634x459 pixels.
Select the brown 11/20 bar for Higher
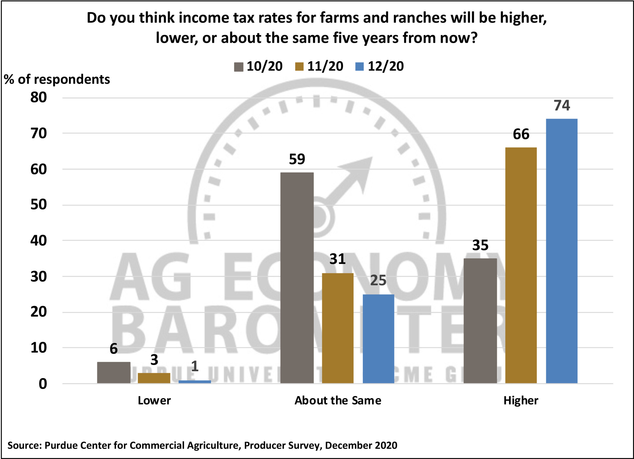(521, 265)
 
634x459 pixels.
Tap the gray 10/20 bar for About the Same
(297, 278)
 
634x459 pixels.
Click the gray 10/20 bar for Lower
(113, 372)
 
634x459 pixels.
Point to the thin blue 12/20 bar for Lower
(195, 382)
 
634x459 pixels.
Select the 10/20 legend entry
(259, 67)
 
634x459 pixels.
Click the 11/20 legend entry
(319, 67)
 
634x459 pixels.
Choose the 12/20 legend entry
(380, 67)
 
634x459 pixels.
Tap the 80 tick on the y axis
(39, 98)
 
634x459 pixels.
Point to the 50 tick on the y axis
(39, 205)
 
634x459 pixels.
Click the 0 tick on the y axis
(43, 384)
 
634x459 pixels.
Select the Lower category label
(154, 401)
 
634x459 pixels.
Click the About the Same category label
(338, 401)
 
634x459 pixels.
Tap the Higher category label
(521, 401)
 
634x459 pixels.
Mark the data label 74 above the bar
(562, 106)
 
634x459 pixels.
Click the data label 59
(297, 159)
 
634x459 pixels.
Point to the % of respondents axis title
(57, 80)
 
